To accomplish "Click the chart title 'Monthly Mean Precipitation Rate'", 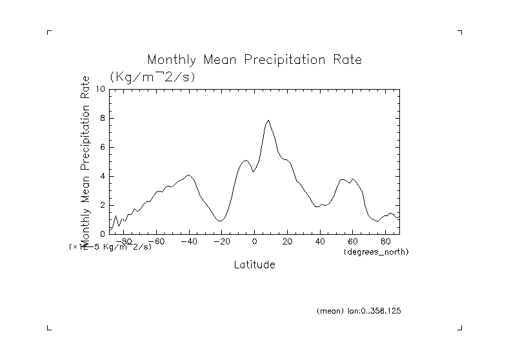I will click(x=254, y=60).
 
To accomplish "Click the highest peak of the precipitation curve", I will click(x=268, y=120).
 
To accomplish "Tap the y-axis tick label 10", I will click(x=100, y=89).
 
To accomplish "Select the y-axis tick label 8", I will click(x=102, y=118).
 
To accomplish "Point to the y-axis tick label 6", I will click(x=102, y=147).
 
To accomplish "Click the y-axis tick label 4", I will click(x=102, y=176).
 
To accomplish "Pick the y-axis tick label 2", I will click(x=102, y=205).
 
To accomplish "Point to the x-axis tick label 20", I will click(x=287, y=242).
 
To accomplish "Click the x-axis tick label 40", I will click(x=320, y=242).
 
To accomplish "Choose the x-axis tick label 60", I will click(x=352, y=242).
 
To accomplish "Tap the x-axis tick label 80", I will click(x=385, y=242).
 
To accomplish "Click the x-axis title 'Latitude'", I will click(x=254, y=265).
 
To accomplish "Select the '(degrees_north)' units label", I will click(x=377, y=251).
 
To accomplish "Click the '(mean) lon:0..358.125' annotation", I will click(x=359, y=311).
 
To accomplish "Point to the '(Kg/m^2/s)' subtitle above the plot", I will click(x=152, y=77).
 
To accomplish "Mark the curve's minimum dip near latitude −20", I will click(x=220, y=221).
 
